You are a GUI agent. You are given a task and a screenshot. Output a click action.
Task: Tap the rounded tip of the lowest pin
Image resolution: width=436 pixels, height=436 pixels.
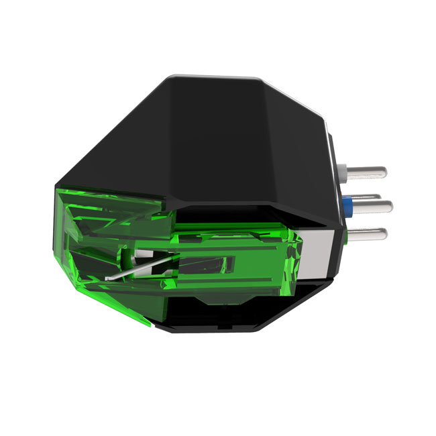[387, 235]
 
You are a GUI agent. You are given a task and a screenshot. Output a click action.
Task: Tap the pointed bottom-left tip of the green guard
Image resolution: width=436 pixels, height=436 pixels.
[149, 326]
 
